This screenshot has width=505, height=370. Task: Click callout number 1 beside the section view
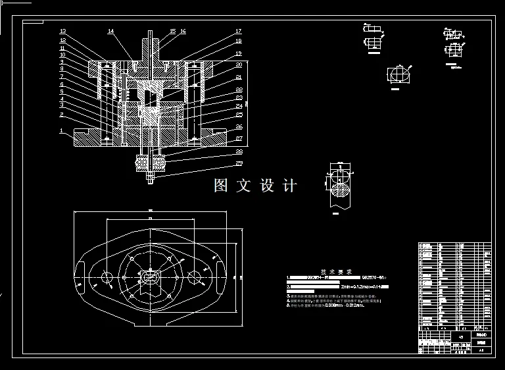coord(62,130)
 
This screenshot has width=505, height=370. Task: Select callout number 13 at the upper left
coord(62,32)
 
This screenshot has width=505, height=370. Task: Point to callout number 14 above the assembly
coord(110,32)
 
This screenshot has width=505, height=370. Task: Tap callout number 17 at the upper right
coord(239,32)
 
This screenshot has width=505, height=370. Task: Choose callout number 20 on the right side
coord(239,65)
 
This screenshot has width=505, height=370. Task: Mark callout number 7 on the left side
coord(62,77)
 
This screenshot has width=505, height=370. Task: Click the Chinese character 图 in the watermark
coord(221,186)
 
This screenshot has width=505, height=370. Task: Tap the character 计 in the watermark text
coord(289,186)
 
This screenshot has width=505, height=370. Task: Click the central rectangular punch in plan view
coord(151,279)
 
